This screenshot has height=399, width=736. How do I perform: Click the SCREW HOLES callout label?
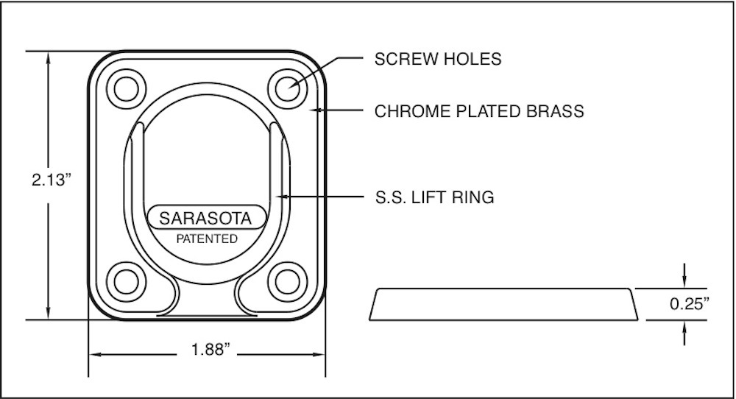click(438, 59)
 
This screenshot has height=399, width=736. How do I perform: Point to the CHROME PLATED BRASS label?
click(479, 111)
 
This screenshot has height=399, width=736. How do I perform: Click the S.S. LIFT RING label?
click(434, 197)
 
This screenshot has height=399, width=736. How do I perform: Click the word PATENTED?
click(206, 239)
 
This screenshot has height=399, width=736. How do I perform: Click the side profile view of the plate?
click(504, 304)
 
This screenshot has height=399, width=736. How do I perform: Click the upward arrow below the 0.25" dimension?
click(685, 328)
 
